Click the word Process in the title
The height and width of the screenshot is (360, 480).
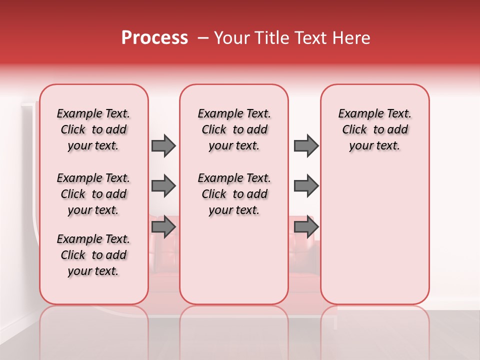coord(154,37)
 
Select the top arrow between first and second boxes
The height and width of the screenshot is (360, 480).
coord(163,145)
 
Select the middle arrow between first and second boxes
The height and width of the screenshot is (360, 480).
coord(163,186)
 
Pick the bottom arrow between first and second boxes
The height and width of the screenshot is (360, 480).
coord(163,227)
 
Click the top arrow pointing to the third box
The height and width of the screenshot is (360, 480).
coord(306,145)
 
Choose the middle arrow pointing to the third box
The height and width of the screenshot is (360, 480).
coord(306,186)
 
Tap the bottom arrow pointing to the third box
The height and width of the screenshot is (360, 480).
coord(306,227)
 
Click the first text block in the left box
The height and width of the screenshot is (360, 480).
coord(93,129)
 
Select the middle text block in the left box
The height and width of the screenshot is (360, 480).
coord(93,194)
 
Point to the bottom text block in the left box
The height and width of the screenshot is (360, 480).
coord(93,255)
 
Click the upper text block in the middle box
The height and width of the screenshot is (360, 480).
coord(234,129)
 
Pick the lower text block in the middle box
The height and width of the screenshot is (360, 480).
coord(234,194)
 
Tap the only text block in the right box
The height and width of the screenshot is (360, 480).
coord(374,129)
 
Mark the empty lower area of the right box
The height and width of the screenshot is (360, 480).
coord(374,235)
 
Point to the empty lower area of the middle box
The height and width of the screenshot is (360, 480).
coord(234,260)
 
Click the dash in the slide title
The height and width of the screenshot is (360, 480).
coord(203,38)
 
